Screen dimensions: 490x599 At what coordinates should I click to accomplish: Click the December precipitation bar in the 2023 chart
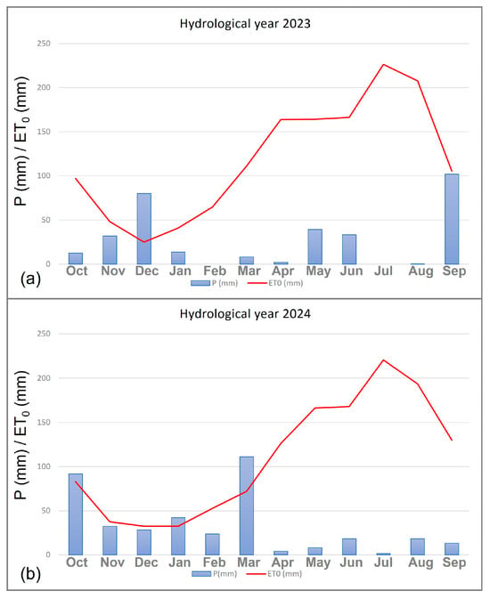[x=144, y=229]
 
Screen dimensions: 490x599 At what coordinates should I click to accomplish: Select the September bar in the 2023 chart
[x=452, y=219]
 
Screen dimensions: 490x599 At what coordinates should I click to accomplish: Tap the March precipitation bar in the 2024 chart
[x=247, y=506]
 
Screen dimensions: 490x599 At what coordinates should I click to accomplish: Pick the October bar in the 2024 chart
[x=76, y=514]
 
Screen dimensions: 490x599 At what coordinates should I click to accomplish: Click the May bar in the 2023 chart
[x=315, y=247]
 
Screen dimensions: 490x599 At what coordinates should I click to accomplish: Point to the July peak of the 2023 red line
[x=383, y=65]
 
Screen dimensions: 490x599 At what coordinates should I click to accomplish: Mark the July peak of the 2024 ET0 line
[x=383, y=360]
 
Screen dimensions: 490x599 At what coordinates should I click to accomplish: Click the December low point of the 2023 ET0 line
[x=144, y=241]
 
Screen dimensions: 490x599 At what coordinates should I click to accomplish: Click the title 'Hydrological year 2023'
[x=245, y=24]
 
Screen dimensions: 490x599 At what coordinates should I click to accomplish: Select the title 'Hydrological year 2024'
[x=245, y=314]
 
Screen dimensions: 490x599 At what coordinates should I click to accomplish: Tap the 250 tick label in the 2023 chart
[x=44, y=44]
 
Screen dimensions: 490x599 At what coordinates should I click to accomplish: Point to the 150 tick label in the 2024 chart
[x=44, y=422]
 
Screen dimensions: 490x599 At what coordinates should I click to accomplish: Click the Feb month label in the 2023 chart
[x=215, y=271]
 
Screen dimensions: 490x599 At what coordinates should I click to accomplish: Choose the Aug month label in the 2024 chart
[x=421, y=563]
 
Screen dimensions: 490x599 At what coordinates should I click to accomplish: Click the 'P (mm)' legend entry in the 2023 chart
[x=214, y=283]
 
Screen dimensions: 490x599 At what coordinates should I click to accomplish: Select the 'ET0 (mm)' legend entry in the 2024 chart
[x=274, y=574]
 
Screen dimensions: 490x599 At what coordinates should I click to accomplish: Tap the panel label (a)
[x=30, y=279]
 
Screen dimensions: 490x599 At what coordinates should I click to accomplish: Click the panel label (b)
[x=30, y=574]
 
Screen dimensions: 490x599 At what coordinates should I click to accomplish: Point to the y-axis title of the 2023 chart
[x=21, y=141]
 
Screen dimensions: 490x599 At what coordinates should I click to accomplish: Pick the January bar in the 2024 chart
[x=178, y=536]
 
